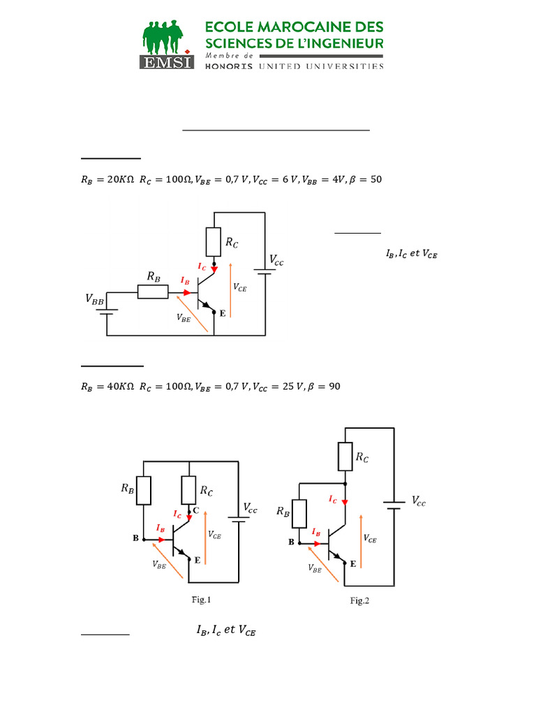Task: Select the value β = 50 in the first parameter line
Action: point(366,179)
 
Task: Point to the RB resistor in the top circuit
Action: point(152,292)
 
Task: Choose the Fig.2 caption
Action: point(359,602)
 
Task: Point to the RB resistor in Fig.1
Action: point(144,490)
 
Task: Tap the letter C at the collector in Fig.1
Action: point(196,511)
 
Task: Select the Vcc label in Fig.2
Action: point(417,501)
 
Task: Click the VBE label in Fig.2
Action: point(315,568)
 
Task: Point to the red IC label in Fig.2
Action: point(333,500)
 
